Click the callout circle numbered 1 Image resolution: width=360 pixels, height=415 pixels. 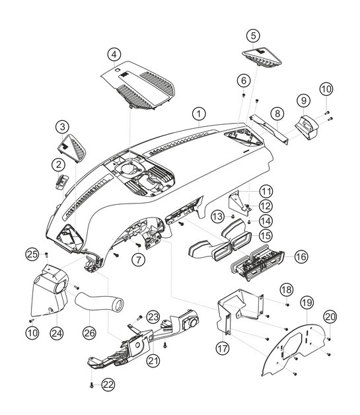click(198, 115)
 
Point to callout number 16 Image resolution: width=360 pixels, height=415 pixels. click(301, 256)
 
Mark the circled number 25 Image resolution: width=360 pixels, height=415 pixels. click(31, 254)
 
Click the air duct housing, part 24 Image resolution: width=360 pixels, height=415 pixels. click(50, 291)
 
